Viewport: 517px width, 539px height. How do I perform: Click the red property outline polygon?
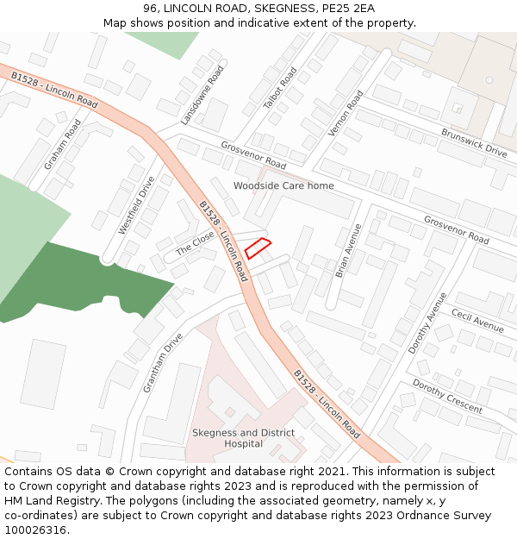tap(258, 248)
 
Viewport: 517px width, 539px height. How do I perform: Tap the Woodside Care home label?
tap(283, 185)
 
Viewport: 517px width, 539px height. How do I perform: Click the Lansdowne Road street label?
tap(203, 95)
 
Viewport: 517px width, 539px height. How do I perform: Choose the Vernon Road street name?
tap(346, 114)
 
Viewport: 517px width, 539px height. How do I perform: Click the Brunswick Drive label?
tap(474, 143)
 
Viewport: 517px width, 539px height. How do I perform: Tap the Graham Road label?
tap(63, 143)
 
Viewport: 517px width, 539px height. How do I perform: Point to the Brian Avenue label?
tap(348, 250)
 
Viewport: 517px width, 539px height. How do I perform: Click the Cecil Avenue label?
tap(477, 322)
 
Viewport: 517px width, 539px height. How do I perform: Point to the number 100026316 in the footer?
tap(34, 530)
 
